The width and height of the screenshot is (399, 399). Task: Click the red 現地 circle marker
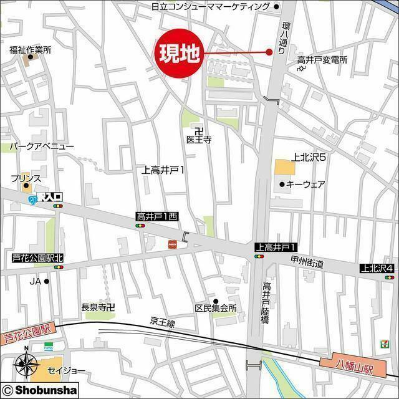[179, 54]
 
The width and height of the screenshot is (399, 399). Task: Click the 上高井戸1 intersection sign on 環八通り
[275, 247]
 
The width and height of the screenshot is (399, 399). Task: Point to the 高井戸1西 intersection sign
[157, 216]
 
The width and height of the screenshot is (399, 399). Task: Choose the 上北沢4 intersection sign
[377, 268]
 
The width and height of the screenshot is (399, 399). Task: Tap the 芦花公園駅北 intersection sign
[38, 257]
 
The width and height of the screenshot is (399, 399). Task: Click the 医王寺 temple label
[199, 140]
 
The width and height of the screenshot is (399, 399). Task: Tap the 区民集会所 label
[216, 308]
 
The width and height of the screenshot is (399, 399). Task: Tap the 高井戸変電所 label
[322, 60]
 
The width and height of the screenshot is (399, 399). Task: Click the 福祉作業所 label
[30, 50]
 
